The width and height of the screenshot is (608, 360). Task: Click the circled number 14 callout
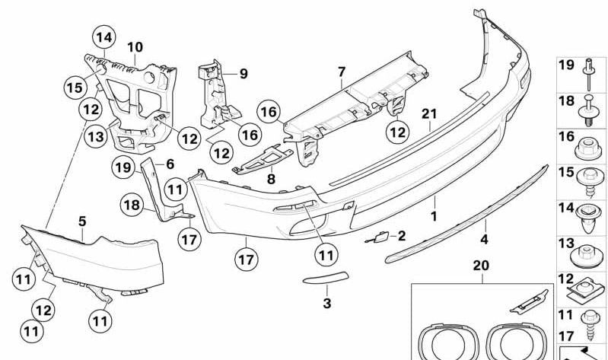point(103,36)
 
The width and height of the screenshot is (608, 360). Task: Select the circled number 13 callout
point(94,137)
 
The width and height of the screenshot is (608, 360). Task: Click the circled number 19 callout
point(123,166)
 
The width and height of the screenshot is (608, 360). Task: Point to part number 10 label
point(135,47)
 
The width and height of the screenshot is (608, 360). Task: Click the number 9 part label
point(244,74)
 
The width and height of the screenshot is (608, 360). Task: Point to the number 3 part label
point(327,304)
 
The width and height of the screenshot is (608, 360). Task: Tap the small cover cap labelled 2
point(377,239)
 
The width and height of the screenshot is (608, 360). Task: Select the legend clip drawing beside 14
point(590,215)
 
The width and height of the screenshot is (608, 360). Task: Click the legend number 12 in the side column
point(565,280)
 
